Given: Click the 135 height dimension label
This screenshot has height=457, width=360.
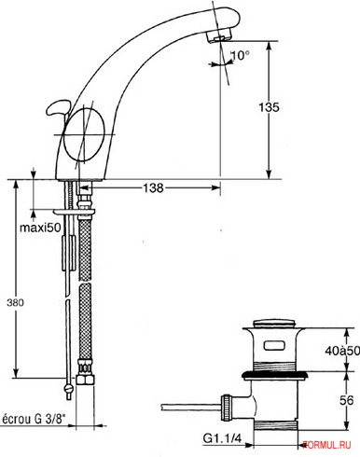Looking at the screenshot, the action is coord(270,107).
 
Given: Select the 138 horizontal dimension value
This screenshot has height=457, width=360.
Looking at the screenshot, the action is coord(153,187).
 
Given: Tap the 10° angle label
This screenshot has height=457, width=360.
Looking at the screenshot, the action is coord(240,55).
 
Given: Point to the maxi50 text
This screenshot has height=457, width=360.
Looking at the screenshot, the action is coord(40,228).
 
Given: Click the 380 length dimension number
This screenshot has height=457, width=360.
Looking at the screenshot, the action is coord(16,302).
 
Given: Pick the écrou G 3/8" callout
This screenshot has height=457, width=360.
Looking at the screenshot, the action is coord(35,419).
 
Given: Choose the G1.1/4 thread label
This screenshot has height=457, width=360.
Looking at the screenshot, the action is coord(222,438).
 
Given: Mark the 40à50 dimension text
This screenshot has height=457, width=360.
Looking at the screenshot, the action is coord(342,351).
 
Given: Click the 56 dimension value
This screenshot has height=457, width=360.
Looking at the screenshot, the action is coord(347,400).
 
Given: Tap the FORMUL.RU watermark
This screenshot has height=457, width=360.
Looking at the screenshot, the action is coord(326,445).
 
